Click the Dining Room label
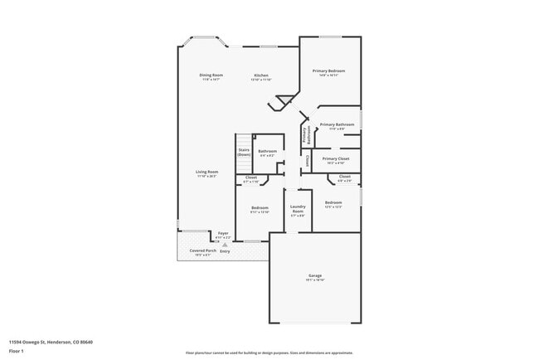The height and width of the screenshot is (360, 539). point(211,75)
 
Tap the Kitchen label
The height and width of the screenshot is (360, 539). point(261,75)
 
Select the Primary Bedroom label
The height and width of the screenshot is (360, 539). point(328,71)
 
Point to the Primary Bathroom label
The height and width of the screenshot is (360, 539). point(337,124)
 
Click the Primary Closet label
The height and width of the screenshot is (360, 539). point(336,158)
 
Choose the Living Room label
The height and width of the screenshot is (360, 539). point(206,172)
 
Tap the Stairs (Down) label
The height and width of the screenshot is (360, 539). point(244,152)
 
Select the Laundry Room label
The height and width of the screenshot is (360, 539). point(297,209)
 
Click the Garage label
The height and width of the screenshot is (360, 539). point(315,275)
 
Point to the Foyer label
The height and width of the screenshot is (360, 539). point(223,234)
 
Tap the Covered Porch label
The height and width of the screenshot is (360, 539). point(203,251)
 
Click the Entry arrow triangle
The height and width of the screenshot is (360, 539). point(224,245)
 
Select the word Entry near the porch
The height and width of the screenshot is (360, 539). point(225,251)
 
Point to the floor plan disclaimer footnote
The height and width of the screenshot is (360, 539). point(269,352)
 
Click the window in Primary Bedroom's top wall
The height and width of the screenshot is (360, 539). point(331,36)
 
